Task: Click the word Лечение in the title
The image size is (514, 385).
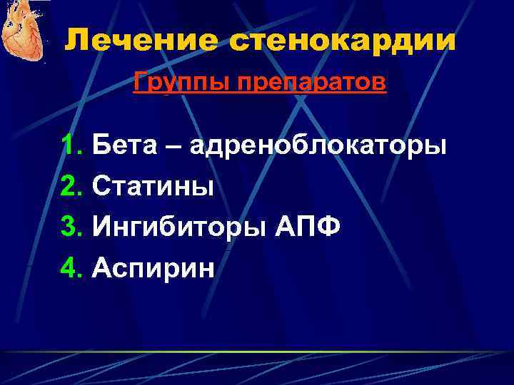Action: pos(143,41)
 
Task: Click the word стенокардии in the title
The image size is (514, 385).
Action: pos(343,41)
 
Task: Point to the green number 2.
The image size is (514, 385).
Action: pos(71,187)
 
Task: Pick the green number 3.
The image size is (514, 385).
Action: pos(71,228)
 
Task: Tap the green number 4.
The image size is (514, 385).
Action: pos(71,269)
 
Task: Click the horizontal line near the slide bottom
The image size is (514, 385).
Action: pos(257,352)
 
